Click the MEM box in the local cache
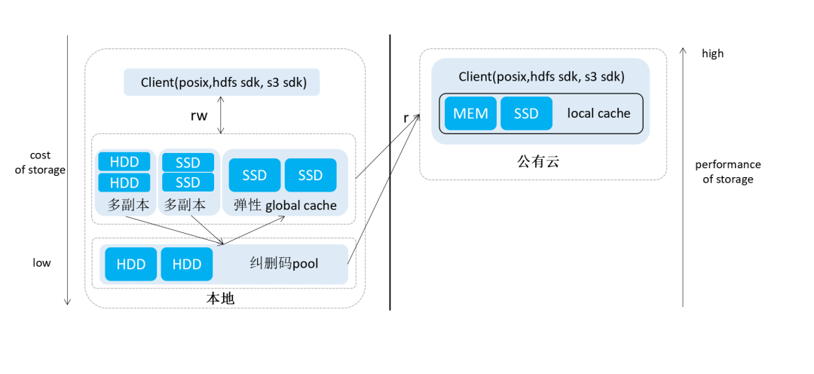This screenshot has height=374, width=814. click(x=470, y=114)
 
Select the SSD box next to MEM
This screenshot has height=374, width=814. click(x=526, y=114)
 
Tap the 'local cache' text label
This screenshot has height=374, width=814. click(x=598, y=114)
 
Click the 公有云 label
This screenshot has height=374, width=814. click(x=538, y=161)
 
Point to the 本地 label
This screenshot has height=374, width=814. click(x=221, y=299)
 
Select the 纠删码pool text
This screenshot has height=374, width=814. click(x=283, y=264)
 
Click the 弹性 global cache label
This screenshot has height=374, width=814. click(x=285, y=205)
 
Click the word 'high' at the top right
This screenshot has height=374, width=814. click(x=712, y=54)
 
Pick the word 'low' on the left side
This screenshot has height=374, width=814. click(x=41, y=263)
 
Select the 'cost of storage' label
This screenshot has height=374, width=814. click(x=41, y=163)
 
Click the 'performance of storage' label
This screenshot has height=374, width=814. click(x=727, y=172)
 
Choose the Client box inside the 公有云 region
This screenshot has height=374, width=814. click(x=541, y=77)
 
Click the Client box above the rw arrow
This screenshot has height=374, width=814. click(x=223, y=82)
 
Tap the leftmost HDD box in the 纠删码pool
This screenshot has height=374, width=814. click(x=130, y=264)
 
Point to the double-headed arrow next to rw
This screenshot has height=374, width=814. click(x=221, y=115)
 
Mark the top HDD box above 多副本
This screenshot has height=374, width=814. click(x=124, y=162)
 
